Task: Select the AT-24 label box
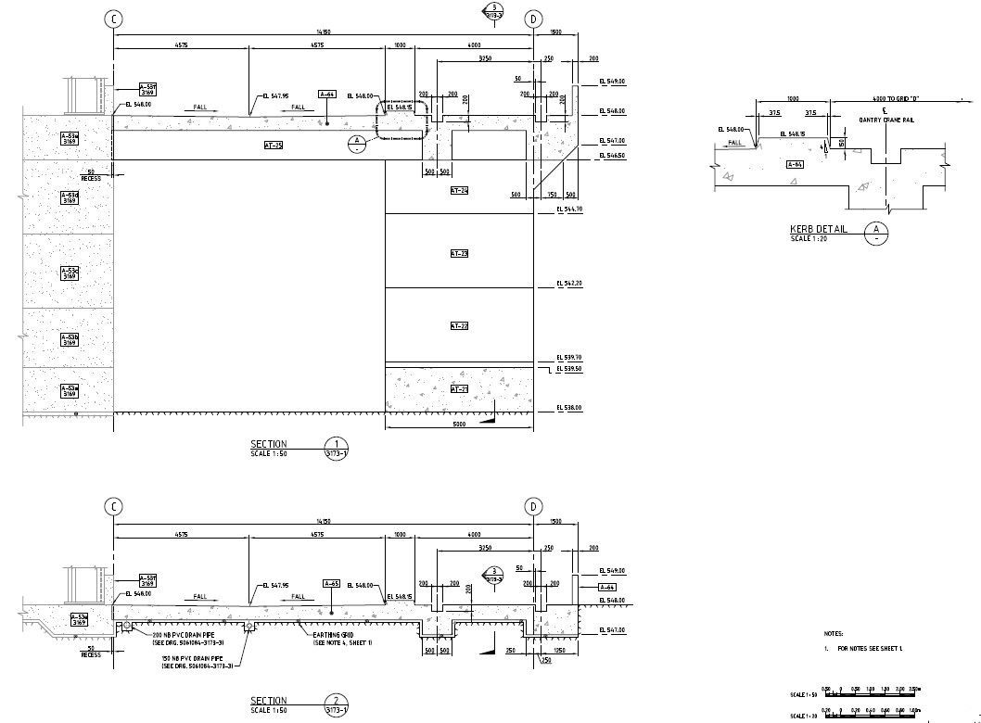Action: coord(459,191)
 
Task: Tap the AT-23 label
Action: coord(459,253)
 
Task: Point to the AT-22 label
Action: coord(459,326)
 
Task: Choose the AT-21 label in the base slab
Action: coord(459,388)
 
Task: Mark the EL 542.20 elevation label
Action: coord(569,283)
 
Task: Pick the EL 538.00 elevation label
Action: coord(569,408)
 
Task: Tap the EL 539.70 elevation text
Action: coord(569,358)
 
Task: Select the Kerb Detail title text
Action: coord(818,229)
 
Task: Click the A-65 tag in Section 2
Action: coord(332,584)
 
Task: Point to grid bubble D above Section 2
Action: coord(534,506)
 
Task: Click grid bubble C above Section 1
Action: coord(113,19)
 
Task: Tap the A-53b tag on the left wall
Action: coord(70,338)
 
